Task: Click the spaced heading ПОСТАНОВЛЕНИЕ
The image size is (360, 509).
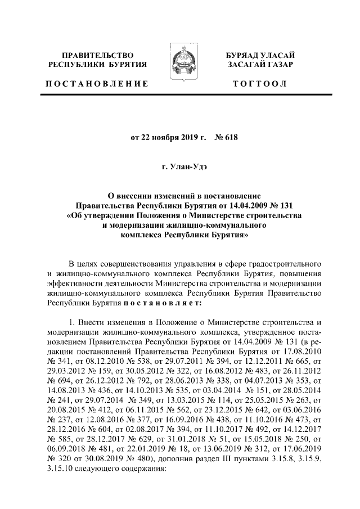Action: click(x=97, y=84)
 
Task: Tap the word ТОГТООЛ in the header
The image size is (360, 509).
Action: click(x=260, y=84)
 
